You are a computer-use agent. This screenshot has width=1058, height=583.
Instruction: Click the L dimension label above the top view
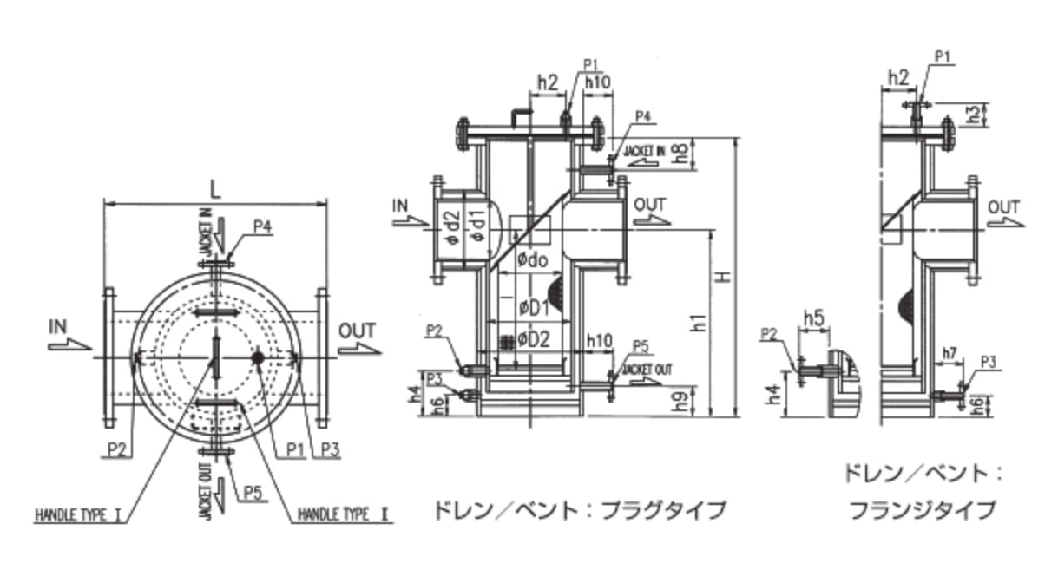click(215, 190)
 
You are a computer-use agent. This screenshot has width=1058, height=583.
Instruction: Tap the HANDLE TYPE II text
click(345, 514)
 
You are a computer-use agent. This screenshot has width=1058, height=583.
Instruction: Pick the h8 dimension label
click(683, 154)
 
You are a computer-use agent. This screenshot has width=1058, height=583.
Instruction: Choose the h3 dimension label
click(976, 114)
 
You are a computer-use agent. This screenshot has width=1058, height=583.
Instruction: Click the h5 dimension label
click(813, 318)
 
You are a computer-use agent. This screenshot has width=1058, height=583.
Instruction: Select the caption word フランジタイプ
click(922, 509)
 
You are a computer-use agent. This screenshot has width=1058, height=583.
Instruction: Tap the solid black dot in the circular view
click(259, 357)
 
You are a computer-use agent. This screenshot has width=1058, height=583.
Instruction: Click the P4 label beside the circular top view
click(263, 226)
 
